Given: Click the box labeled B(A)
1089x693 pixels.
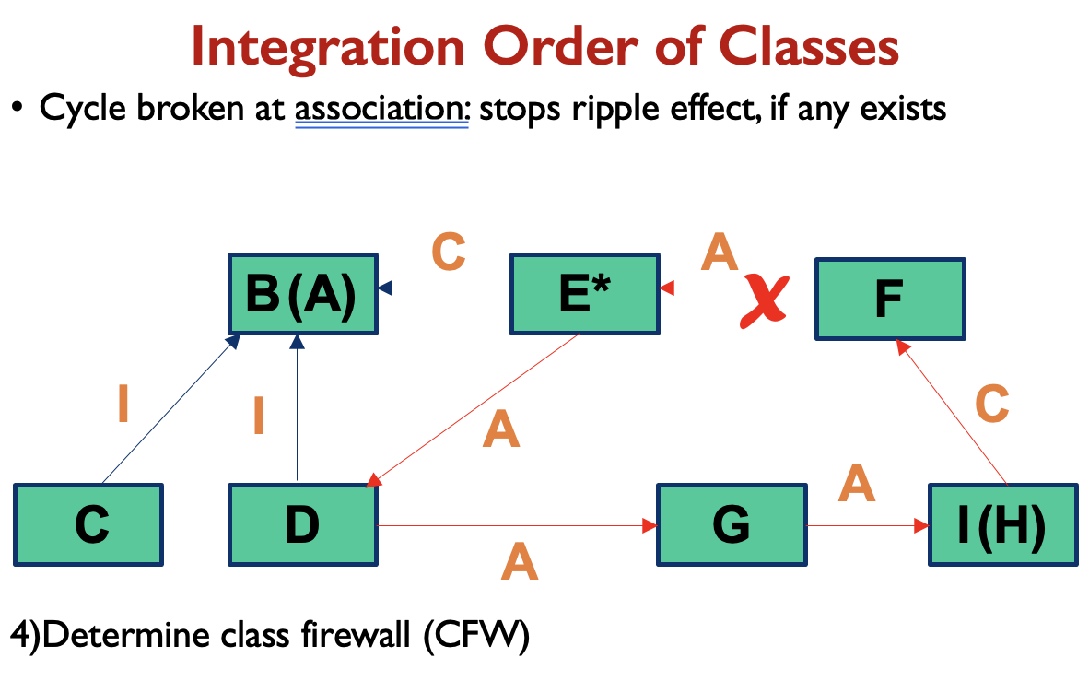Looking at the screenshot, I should click(x=303, y=293).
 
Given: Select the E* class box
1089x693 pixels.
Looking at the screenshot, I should click(x=585, y=293).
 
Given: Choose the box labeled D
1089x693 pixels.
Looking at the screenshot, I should click(x=302, y=524).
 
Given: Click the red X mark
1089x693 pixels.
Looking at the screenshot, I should click(x=765, y=301).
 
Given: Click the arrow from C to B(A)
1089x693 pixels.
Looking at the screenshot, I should click(x=166, y=410).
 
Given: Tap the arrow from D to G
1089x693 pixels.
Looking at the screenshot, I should click(x=516, y=526).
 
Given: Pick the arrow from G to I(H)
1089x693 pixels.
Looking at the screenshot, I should click(x=866, y=526).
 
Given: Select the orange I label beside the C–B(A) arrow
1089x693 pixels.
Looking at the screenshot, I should click(x=123, y=405).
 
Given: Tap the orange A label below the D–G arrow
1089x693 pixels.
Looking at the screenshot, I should click(x=519, y=562).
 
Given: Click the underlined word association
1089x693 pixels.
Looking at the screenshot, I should click(x=382, y=109).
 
